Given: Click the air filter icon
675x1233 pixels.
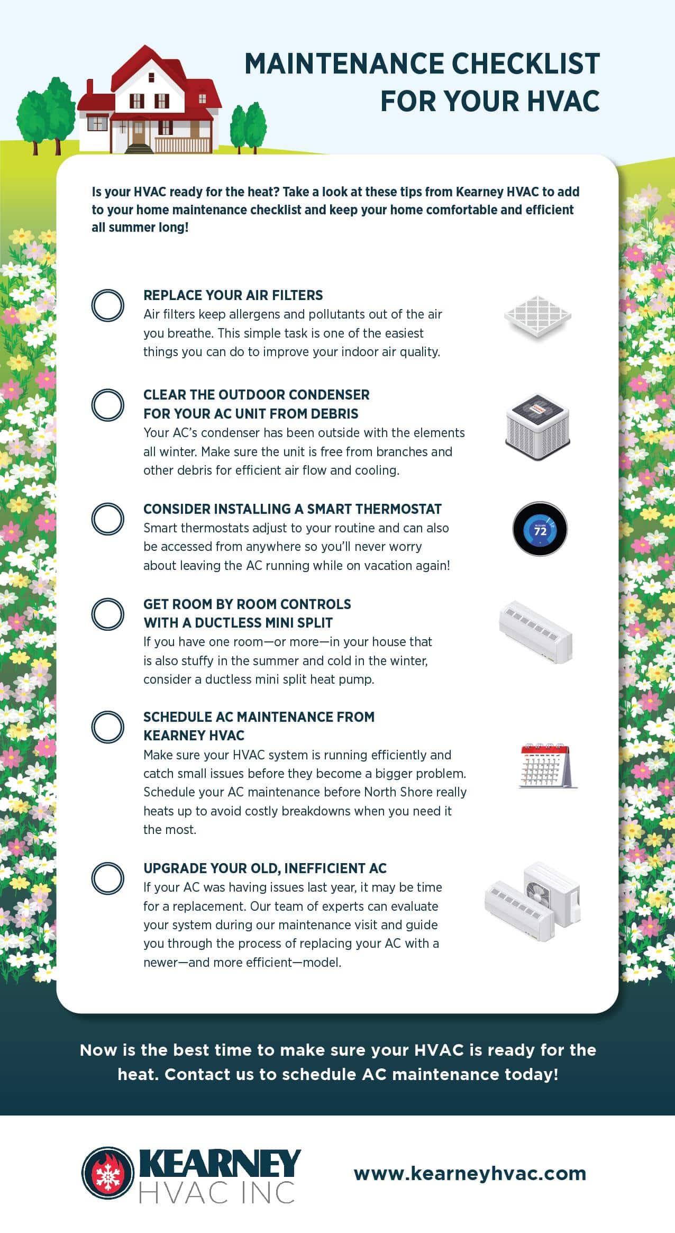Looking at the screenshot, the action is click(x=537, y=316).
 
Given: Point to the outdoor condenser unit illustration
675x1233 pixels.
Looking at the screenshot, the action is click(x=537, y=427).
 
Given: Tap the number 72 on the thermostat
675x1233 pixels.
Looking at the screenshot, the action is click(x=540, y=531).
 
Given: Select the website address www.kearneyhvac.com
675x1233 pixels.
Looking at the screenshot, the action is click(x=470, y=1173).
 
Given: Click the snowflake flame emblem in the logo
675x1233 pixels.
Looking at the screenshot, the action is click(x=107, y=1173).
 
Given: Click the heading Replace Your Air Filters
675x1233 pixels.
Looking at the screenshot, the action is click(x=233, y=295).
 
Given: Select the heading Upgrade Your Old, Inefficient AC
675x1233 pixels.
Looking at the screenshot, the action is click(x=265, y=868).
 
